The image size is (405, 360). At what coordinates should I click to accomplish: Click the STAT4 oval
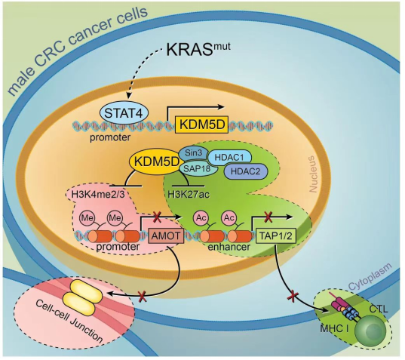(x=124, y=114)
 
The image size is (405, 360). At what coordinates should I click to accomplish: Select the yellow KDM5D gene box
(x=201, y=125)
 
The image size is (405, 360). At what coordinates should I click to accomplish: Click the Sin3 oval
(x=194, y=153)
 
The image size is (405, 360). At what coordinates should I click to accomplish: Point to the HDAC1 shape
(x=229, y=158)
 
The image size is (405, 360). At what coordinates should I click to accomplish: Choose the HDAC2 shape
(x=245, y=171)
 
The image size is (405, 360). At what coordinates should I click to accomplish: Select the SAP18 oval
(x=197, y=168)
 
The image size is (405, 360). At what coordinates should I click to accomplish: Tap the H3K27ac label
(x=189, y=195)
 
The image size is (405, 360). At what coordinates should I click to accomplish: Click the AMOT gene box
(x=166, y=235)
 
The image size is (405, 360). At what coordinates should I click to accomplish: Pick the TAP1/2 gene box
(x=276, y=235)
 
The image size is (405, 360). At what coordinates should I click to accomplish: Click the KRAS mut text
(x=198, y=49)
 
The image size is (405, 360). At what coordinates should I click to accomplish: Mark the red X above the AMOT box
(x=157, y=217)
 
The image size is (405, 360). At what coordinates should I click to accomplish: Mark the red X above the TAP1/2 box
(x=268, y=216)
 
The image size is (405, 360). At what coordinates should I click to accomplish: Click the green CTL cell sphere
(x=370, y=331)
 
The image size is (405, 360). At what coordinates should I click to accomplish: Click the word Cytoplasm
(x=370, y=277)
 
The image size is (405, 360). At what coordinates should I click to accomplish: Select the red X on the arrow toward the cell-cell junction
(x=143, y=296)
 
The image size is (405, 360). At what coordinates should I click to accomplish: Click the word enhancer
(x=229, y=247)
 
